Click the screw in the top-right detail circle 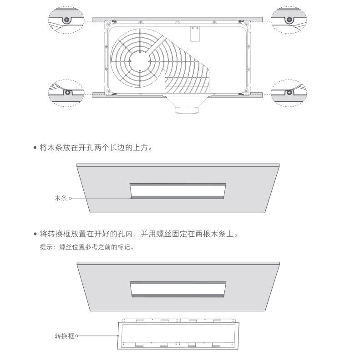(x=289, y=20)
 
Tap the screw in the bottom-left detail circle (x=67, y=92)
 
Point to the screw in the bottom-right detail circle (x=289, y=92)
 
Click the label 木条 (x=61, y=198)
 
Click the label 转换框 (x=64, y=336)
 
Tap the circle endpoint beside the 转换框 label (x=77, y=336)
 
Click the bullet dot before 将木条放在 (x=35, y=148)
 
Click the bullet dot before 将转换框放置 (x=35, y=235)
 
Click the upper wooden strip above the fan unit (x=177, y=20)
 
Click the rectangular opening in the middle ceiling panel (x=177, y=190)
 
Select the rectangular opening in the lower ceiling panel (x=177, y=289)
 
